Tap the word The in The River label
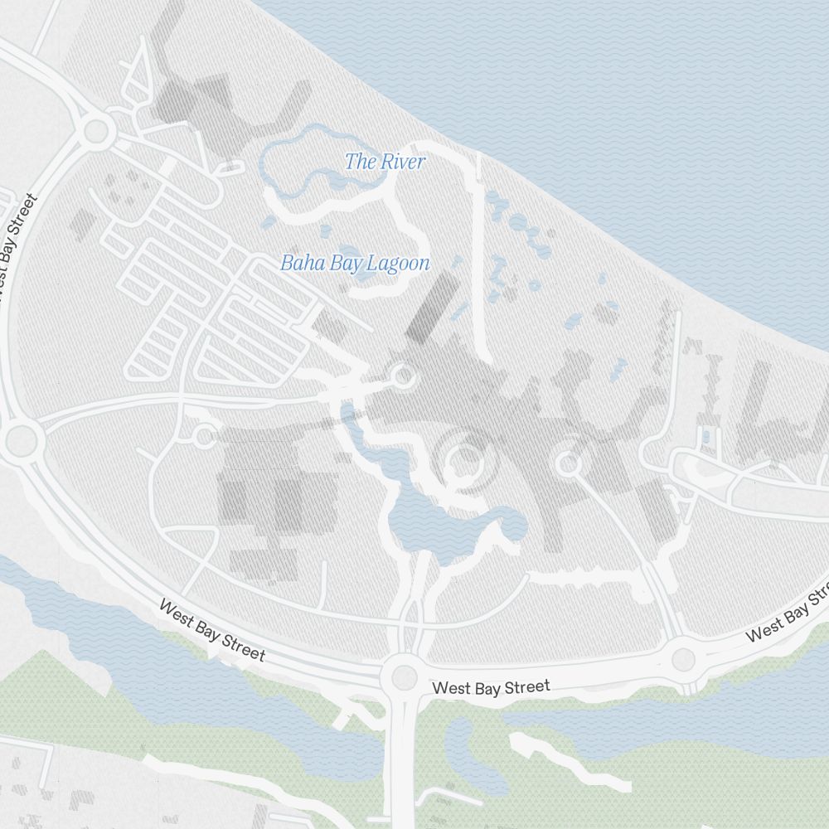pos(360,162)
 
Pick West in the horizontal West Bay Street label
pos(451,688)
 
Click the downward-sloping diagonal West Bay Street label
pos(212,631)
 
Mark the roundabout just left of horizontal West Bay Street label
pos(404,676)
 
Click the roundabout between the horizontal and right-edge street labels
pos(683,660)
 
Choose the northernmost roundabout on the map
pos(97,130)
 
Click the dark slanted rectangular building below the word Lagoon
pos(431,308)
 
